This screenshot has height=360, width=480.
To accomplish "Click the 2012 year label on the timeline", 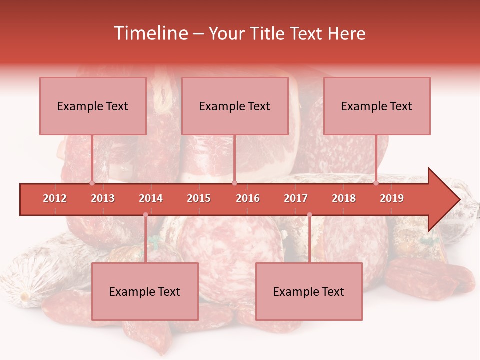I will pos(55,198).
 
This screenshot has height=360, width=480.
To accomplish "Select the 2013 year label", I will pos(103,198).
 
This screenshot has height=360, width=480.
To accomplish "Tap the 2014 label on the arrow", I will pos(151,198).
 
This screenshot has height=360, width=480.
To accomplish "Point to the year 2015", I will pos(199,198).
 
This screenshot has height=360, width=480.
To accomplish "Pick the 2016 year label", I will pos(248,198).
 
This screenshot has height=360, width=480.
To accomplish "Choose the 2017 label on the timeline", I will pos(296,198).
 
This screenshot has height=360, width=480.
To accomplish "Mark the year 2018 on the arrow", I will pos(344,198).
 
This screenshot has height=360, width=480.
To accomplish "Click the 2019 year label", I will pos(392,198).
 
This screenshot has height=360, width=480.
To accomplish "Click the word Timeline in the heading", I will pos(150,33).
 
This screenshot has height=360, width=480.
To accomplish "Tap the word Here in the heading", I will pos(346,33).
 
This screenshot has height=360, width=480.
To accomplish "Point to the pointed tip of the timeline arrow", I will pos(459,199).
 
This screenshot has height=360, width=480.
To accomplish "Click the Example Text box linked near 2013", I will pos(93,106).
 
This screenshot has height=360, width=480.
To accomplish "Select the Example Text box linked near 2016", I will pos(235,106).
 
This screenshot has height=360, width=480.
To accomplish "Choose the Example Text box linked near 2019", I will pos(377,106).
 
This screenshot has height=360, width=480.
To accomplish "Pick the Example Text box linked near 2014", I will pos(145,291).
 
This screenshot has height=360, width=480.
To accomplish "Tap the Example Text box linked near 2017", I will pos(309,291).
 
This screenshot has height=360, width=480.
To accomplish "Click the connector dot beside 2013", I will pos(92,183).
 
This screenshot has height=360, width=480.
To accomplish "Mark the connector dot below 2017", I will pos(309,215).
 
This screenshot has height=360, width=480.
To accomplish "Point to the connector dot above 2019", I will pos(376,183).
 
